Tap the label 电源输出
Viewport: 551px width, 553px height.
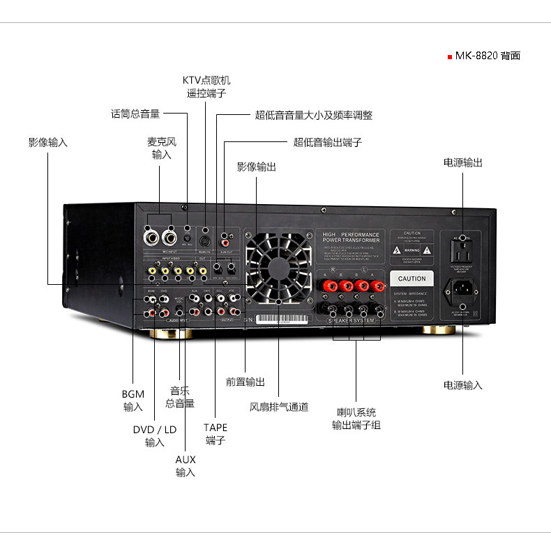point(462,162)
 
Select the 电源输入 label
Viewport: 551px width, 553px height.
point(462,384)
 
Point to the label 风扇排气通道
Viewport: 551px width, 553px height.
point(279,407)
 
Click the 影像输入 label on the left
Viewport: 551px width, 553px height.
point(48,142)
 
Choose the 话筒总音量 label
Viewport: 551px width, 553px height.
point(135,114)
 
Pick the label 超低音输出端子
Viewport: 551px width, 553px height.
point(327,142)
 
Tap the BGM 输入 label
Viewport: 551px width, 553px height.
point(133,400)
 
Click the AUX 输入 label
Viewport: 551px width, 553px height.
point(186,466)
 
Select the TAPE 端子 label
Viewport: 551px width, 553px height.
point(216,434)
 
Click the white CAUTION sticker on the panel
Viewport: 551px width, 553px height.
point(412,279)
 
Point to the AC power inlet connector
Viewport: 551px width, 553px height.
point(462,288)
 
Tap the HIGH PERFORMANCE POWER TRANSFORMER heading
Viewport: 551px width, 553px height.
point(351,237)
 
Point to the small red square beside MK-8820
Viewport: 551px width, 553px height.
point(450,56)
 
